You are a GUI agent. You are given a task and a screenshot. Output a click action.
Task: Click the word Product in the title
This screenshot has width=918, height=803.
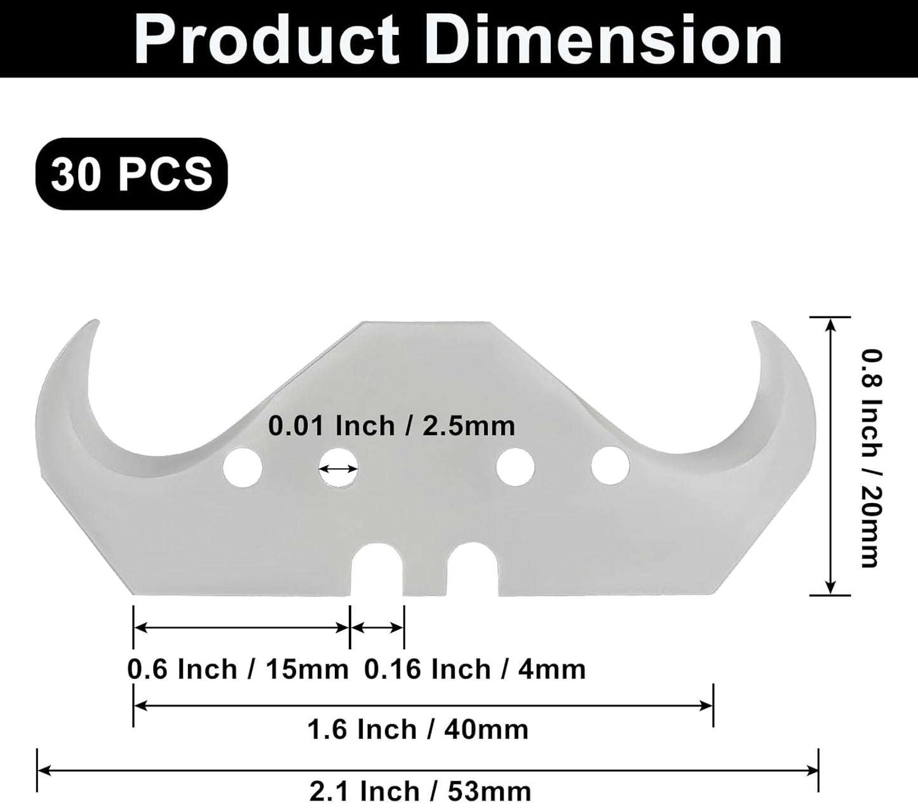(266, 41)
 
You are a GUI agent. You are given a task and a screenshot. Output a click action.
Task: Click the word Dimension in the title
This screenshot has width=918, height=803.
(604, 41)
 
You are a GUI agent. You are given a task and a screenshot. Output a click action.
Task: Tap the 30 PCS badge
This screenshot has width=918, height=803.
(132, 173)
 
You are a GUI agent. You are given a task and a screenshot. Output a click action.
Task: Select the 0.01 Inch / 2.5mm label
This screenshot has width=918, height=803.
(391, 426)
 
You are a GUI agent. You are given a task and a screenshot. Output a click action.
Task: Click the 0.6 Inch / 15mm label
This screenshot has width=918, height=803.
(238, 670)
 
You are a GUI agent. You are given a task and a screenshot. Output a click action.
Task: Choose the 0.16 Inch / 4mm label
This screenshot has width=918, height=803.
(475, 670)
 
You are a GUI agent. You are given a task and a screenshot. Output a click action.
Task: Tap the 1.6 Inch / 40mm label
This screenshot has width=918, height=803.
(418, 730)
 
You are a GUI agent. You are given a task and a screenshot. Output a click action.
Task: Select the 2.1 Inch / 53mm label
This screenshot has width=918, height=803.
(420, 792)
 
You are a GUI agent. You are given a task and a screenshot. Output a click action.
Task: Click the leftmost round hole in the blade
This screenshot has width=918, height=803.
(243, 467)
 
